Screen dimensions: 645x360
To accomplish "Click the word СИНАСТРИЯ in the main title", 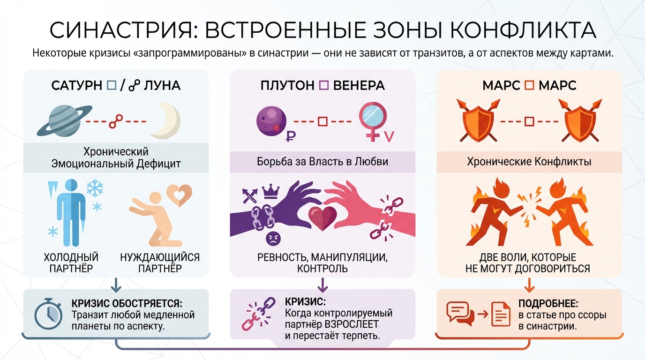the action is [x=120, y=30].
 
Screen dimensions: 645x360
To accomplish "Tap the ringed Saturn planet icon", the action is [x=65, y=120].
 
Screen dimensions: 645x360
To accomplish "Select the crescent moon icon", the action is [x=165, y=121].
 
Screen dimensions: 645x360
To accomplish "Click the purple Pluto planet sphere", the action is [x=271, y=121].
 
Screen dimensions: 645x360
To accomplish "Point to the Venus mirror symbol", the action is [x=373, y=121].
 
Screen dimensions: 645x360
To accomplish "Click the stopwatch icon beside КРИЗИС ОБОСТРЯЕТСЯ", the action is [x=48, y=314].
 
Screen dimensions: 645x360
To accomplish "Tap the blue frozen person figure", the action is [x=71, y=212].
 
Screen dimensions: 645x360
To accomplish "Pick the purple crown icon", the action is [x=270, y=192].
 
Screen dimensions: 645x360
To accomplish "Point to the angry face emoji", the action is [x=273, y=239].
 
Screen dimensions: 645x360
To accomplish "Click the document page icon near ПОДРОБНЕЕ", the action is [x=501, y=314].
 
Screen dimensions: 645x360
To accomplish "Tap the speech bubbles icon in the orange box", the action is [x=460, y=314].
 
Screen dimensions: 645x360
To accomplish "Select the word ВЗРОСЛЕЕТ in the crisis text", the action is [x=352, y=324].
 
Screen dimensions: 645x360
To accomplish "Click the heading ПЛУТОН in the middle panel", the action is [x=287, y=85].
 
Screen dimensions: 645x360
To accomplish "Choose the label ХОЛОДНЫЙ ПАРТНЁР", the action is [x=71, y=262].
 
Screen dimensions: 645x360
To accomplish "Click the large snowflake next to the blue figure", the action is [x=95, y=188].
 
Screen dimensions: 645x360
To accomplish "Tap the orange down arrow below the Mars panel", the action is [x=529, y=285].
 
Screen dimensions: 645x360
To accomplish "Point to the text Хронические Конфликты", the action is [x=529, y=162].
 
